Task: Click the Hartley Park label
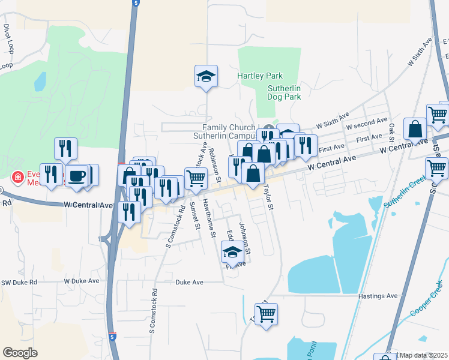[x=259, y=76]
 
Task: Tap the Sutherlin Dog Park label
[x=283, y=92]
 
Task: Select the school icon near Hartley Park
[x=206, y=76]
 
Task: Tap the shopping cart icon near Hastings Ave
[x=266, y=313]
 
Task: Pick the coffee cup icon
[x=77, y=176]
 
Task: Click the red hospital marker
[x=18, y=178]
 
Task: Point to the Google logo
[x=20, y=352]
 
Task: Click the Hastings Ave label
[x=378, y=296]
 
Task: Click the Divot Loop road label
[x=8, y=37]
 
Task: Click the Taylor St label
[x=268, y=197]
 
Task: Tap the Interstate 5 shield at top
[x=137, y=4]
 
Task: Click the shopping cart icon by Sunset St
[x=196, y=178]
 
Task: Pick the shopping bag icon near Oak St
[x=415, y=129]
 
